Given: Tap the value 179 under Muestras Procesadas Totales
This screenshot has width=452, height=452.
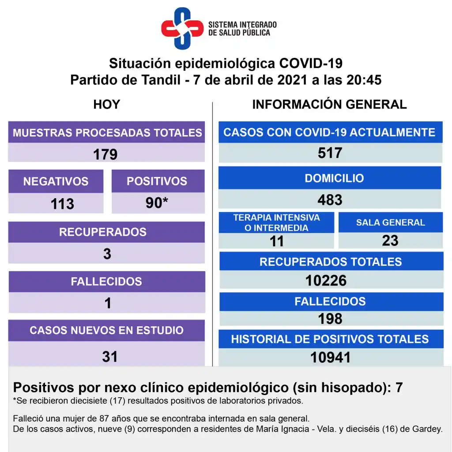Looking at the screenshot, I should coord(105,154).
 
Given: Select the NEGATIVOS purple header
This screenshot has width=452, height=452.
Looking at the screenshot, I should coord(56,181).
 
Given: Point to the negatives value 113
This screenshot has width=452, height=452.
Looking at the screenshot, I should coord(62,203).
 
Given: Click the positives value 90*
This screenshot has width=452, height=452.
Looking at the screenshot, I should coord(157,203).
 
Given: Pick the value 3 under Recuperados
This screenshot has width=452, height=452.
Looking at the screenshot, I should coord(107,254).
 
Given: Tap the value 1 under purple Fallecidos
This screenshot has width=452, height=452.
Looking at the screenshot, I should coord(108,303).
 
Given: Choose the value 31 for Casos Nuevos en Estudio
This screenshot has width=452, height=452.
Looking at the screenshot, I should coord(109,356).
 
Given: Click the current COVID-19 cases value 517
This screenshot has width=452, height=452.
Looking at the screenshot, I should coord(330,153).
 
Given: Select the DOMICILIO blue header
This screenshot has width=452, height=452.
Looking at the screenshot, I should coord(330,178).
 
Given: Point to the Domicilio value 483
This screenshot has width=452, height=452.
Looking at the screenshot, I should coord(330,200).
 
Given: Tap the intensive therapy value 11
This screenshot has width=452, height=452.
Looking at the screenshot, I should coord(277,241).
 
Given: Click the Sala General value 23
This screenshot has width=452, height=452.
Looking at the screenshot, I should coord(390,241).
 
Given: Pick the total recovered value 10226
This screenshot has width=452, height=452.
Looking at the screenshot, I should coord(326,280).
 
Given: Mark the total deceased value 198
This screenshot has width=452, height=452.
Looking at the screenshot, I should coord(330,318).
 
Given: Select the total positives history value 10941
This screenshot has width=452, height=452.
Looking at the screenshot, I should coord(330,357).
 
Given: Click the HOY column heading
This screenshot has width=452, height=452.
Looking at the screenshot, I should coord(107,105).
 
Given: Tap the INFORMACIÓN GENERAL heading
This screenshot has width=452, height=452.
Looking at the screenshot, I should coord(329,105).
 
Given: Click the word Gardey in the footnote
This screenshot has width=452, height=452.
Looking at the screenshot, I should coord(429,429).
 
